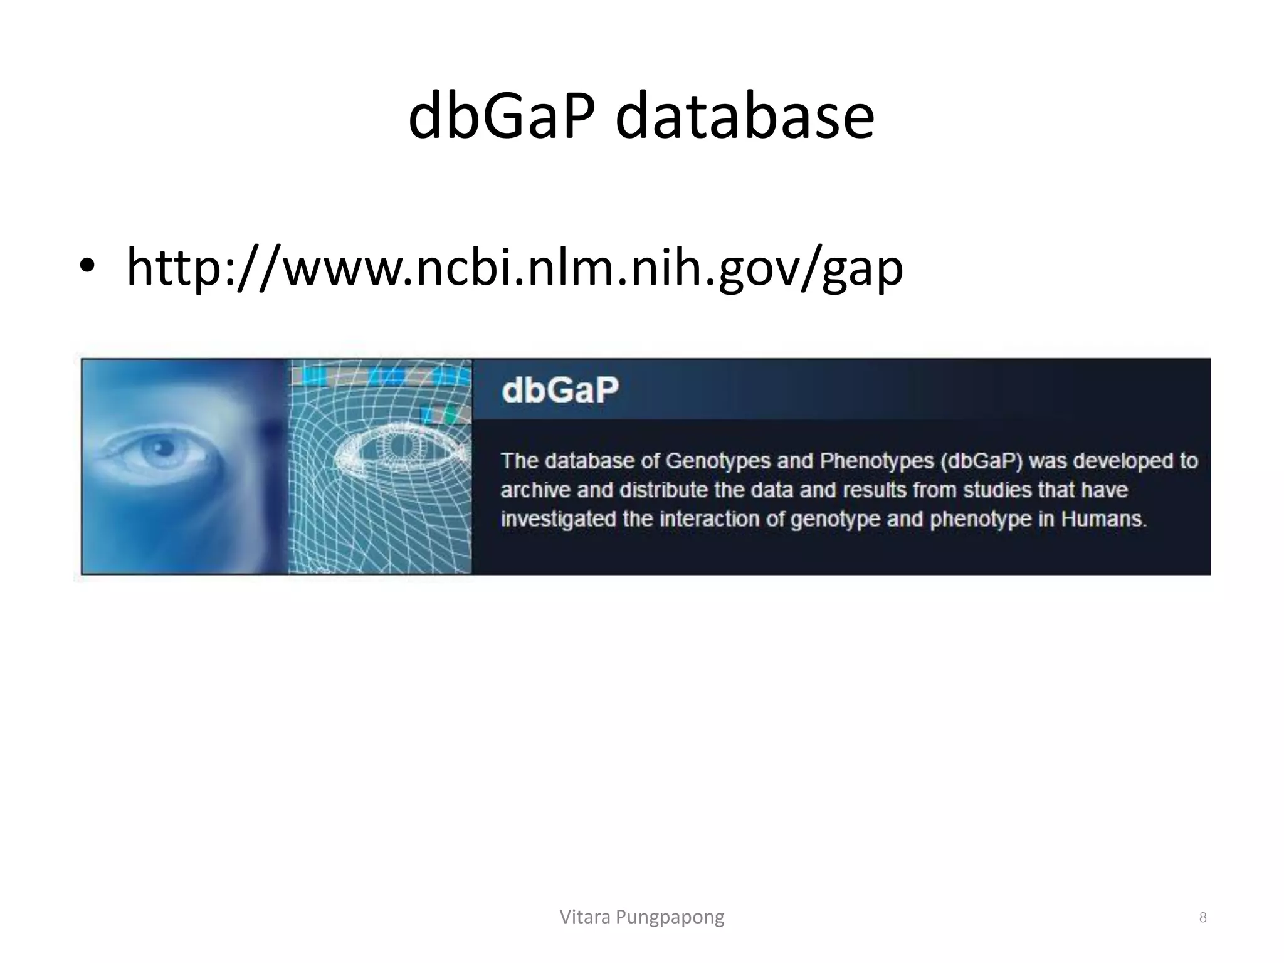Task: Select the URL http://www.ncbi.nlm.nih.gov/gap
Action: tap(514, 268)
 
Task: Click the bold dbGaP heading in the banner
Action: tap(560, 390)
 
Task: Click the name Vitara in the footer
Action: tap(585, 917)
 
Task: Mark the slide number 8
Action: tap(1202, 918)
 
